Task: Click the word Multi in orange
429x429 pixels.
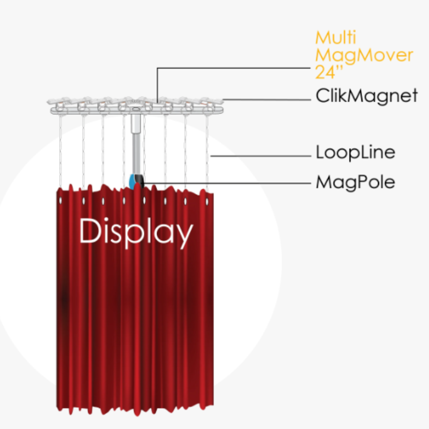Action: tap(336, 38)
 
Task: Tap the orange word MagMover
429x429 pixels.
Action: tap(364, 55)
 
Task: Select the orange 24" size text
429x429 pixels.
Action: tap(329, 72)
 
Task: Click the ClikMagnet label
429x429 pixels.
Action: tap(367, 96)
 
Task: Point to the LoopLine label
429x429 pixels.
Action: tap(356, 152)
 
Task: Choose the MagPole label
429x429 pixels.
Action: tap(356, 182)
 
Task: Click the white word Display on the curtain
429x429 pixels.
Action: tap(136, 233)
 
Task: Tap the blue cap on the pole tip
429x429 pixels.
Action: tap(132, 182)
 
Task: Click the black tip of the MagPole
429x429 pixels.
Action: tap(140, 182)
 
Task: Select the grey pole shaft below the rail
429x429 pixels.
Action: tap(136, 153)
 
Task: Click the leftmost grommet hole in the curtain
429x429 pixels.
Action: tap(61, 201)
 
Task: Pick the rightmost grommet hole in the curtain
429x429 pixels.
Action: tap(207, 202)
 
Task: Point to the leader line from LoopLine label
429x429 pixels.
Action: tap(261, 156)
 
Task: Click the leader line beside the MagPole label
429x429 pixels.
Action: tap(227, 183)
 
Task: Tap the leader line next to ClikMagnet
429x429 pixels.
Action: tap(267, 100)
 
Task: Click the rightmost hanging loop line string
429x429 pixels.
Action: tap(207, 154)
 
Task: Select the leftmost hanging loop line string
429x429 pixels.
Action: tap(61, 151)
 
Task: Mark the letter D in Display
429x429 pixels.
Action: tap(90, 231)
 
